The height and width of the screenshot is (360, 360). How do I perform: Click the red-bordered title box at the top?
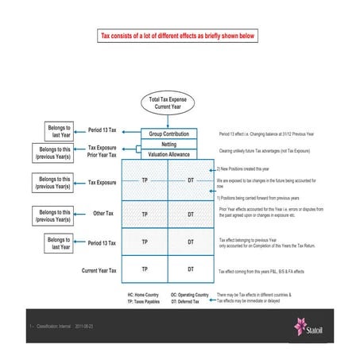click(x=179, y=36)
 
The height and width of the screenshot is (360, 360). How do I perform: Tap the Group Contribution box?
click(x=168, y=134)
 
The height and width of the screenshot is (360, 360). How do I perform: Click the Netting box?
click(x=168, y=144)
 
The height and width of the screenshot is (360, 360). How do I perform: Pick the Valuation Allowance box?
click(x=168, y=154)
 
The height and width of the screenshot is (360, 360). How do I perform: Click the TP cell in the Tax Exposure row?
click(x=145, y=182)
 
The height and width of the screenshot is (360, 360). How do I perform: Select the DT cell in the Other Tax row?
click(x=191, y=214)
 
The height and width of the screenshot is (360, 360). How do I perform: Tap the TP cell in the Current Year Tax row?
click(x=145, y=270)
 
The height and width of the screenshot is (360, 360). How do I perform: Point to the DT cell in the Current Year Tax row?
click(x=191, y=270)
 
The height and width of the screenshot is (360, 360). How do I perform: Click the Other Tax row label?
click(x=104, y=214)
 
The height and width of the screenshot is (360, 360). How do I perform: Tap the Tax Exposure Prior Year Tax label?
click(x=103, y=151)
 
